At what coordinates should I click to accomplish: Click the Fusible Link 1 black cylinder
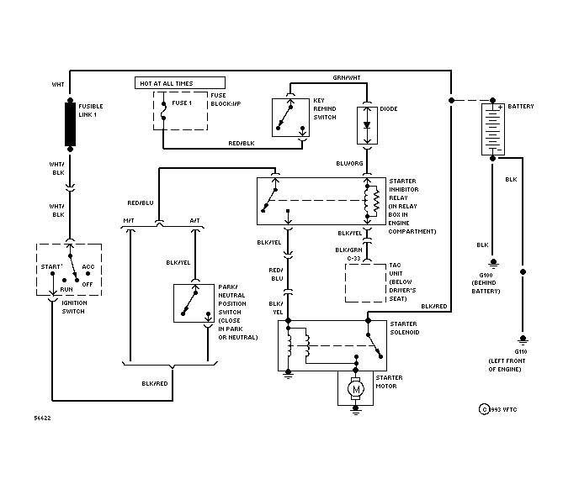(x=70, y=124)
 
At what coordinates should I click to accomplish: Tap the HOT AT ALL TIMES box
(x=180, y=83)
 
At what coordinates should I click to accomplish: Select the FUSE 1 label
(x=182, y=103)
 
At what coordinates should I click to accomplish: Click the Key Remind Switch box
(x=290, y=118)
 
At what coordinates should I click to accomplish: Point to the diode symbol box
(x=367, y=125)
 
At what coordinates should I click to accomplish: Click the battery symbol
(x=493, y=129)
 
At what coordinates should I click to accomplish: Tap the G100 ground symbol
(x=493, y=263)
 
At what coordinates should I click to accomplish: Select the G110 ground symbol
(x=523, y=339)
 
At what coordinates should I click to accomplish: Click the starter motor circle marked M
(x=356, y=389)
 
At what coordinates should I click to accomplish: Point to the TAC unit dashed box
(x=365, y=283)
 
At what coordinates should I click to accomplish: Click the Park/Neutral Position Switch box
(x=194, y=303)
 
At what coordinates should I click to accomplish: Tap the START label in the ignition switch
(x=51, y=266)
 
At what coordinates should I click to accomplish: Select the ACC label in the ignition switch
(x=88, y=266)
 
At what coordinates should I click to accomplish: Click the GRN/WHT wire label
(x=347, y=78)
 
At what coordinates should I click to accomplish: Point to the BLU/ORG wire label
(x=349, y=163)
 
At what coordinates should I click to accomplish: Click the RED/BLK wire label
(x=242, y=143)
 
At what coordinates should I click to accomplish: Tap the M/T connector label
(x=129, y=220)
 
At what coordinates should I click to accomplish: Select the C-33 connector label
(x=353, y=259)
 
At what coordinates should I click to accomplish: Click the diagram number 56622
(x=42, y=418)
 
